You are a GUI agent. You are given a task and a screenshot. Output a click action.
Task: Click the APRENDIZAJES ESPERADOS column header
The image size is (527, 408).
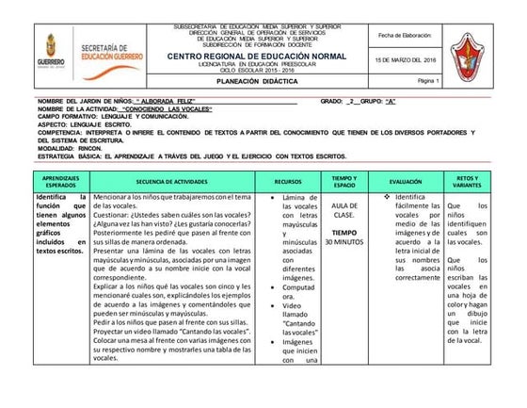tap(55, 181)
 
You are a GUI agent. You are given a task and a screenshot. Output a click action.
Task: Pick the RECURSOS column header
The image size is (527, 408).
tap(287, 181)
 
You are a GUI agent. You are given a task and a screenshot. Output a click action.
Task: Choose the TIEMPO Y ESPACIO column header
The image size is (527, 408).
tap(343, 181)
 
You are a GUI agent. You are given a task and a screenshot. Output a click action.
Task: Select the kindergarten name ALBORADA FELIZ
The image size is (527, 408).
tap(169, 100)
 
